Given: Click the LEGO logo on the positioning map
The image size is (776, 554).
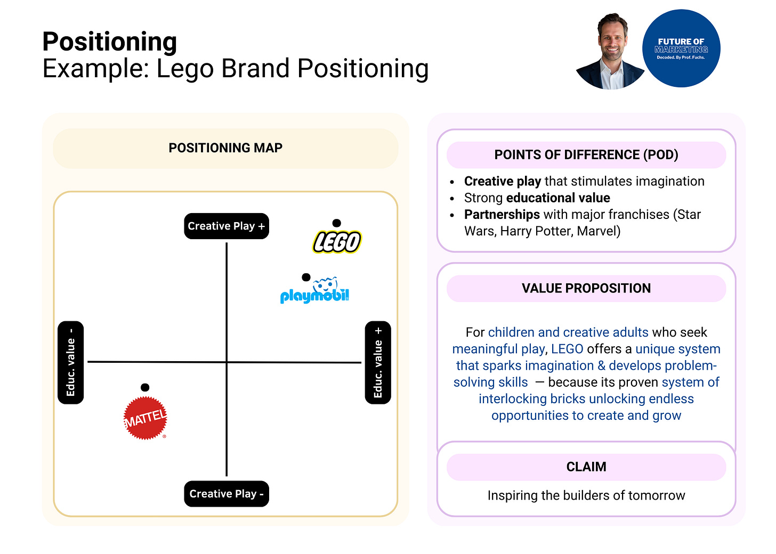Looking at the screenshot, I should pyautogui.click(x=337, y=242).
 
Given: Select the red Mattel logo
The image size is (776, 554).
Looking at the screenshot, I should pyautogui.click(x=145, y=418).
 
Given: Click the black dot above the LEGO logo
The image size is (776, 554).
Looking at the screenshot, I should pyautogui.click(x=336, y=223).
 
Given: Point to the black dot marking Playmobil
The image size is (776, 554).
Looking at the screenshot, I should pyautogui.click(x=306, y=277).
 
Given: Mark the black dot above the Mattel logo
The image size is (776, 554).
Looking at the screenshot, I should pyautogui.click(x=145, y=387).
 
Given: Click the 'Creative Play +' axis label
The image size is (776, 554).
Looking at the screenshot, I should pyautogui.click(x=226, y=226).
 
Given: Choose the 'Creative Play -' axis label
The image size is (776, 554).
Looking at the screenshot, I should pyautogui.click(x=226, y=494).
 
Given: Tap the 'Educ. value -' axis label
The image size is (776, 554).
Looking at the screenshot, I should pyautogui.click(x=70, y=363).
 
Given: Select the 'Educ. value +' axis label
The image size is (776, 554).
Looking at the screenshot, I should pyautogui.click(x=378, y=363).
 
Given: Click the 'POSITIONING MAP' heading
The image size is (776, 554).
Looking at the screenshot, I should pyautogui.click(x=225, y=148).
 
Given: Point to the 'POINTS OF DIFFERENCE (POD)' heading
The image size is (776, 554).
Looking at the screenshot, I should pyautogui.click(x=586, y=155).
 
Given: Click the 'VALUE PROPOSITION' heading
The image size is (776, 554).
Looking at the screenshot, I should pyautogui.click(x=586, y=289).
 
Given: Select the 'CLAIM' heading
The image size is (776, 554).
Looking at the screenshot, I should pyautogui.click(x=586, y=467).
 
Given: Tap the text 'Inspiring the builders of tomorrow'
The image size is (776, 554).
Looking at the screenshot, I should pyautogui.click(x=586, y=495).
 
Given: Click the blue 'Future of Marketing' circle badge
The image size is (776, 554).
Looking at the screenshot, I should pyautogui.click(x=681, y=48).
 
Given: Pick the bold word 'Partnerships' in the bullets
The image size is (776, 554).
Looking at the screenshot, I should pyautogui.click(x=502, y=215).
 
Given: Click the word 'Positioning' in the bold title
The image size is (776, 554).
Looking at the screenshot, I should pyautogui.click(x=110, y=42).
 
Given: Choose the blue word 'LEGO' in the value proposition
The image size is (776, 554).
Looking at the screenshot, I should pyautogui.click(x=567, y=349).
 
